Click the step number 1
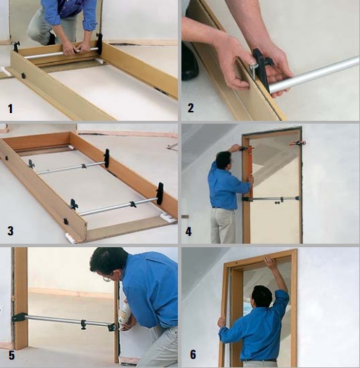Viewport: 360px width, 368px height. click(11, 109)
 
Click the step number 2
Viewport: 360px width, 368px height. click(191, 108)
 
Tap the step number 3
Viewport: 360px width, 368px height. click(11, 231)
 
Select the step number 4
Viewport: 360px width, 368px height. click(188, 232)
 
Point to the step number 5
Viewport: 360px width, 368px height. click(11, 355)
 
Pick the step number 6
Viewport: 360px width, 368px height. click(193, 355)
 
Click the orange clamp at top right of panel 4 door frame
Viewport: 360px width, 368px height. click(297, 143)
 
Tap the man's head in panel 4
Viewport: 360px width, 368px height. click(224, 160)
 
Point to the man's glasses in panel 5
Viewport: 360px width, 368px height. click(107, 279)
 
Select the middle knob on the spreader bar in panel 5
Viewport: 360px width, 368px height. click(83, 324)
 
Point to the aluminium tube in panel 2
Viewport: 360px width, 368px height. click(314, 74)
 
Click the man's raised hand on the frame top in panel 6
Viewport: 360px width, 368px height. click(269, 261)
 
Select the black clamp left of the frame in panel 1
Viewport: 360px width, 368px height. click(16, 46)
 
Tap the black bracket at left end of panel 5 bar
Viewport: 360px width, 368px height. click(19, 317)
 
